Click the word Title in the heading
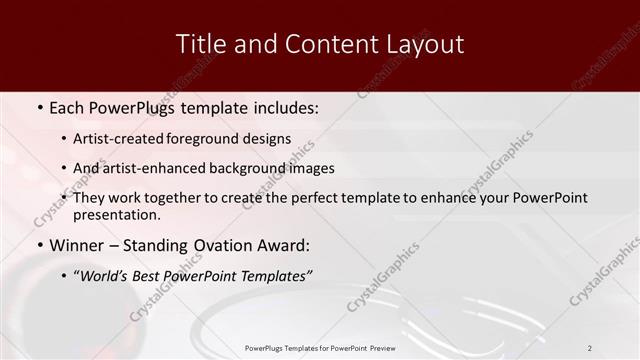point(198,44)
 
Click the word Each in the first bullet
point(67,106)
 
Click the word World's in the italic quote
point(104,276)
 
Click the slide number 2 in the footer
point(590,348)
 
